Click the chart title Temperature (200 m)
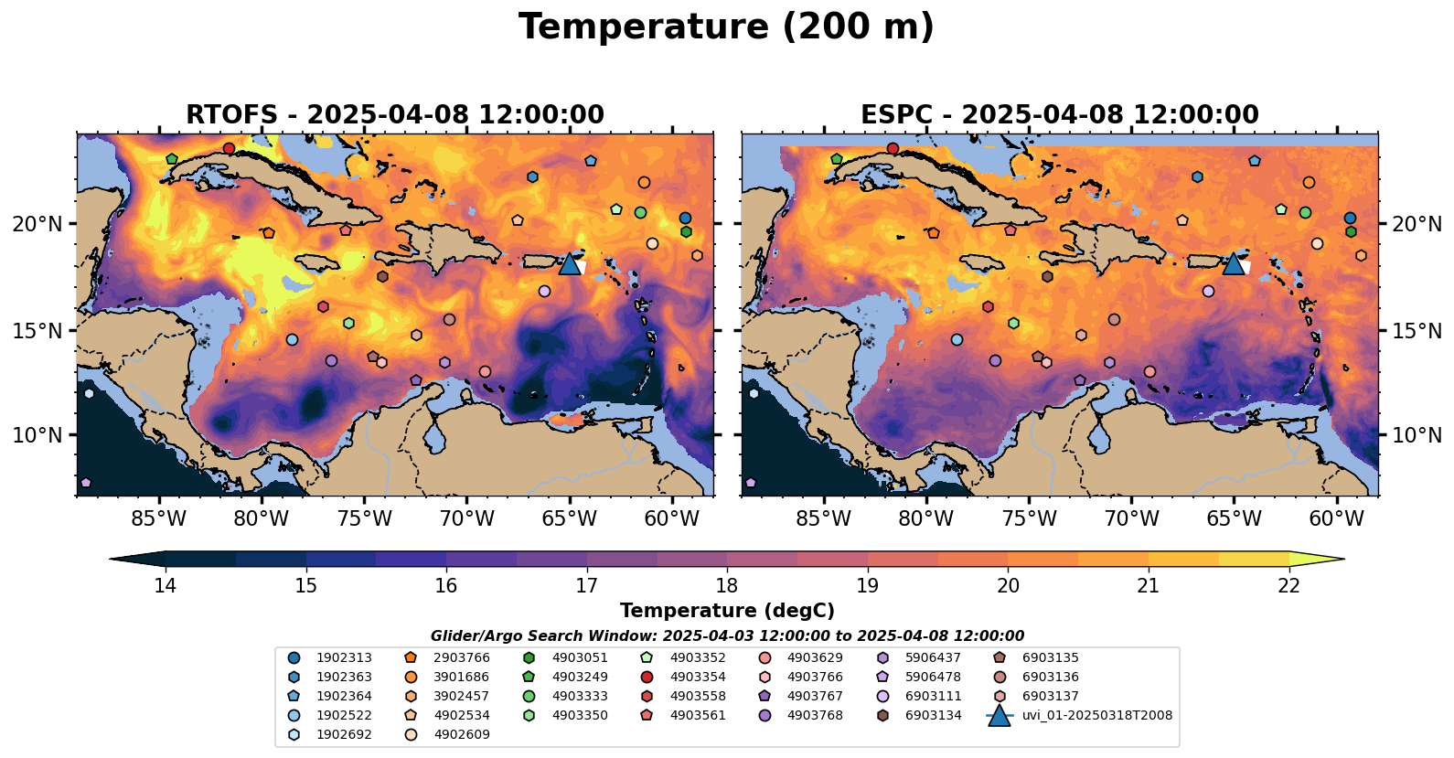coord(726,27)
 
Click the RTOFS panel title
coord(394,115)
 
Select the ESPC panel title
coord(1059,115)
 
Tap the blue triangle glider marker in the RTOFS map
coord(570,264)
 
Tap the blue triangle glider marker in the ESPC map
coord(1234,264)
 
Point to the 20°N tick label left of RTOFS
coord(37,225)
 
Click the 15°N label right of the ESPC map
coord(1417,331)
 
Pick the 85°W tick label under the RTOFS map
coord(159,519)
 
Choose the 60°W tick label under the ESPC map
coord(1336,519)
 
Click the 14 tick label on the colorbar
coord(166,586)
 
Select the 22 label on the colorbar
coord(1288,586)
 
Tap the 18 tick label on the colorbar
coord(727,586)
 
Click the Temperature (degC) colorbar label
coord(727,611)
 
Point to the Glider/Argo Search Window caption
coord(727,636)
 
